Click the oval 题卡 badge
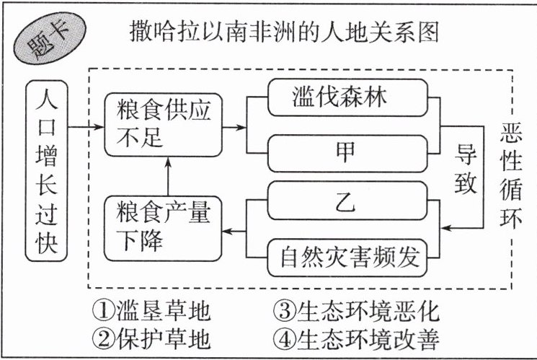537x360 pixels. point(50,38)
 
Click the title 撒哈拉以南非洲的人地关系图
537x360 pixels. point(284,32)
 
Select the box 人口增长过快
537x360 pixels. point(47,171)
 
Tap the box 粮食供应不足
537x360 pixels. point(163,125)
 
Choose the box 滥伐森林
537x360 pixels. point(347,97)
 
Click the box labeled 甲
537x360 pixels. point(347,153)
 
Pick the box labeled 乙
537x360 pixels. point(347,201)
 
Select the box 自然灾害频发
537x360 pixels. point(347,258)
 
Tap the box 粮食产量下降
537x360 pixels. point(163,229)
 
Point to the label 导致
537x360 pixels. point(465,168)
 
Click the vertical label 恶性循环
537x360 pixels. point(510,175)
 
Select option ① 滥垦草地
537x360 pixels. point(151,311)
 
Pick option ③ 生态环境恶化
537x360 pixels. point(356,311)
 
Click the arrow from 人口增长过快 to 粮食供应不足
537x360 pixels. point(86,127)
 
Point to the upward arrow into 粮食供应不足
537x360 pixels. point(168,176)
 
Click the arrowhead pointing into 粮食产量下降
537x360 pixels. point(227,231)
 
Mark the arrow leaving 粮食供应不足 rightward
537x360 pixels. point(234,128)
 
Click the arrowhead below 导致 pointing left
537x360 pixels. point(446,228)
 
